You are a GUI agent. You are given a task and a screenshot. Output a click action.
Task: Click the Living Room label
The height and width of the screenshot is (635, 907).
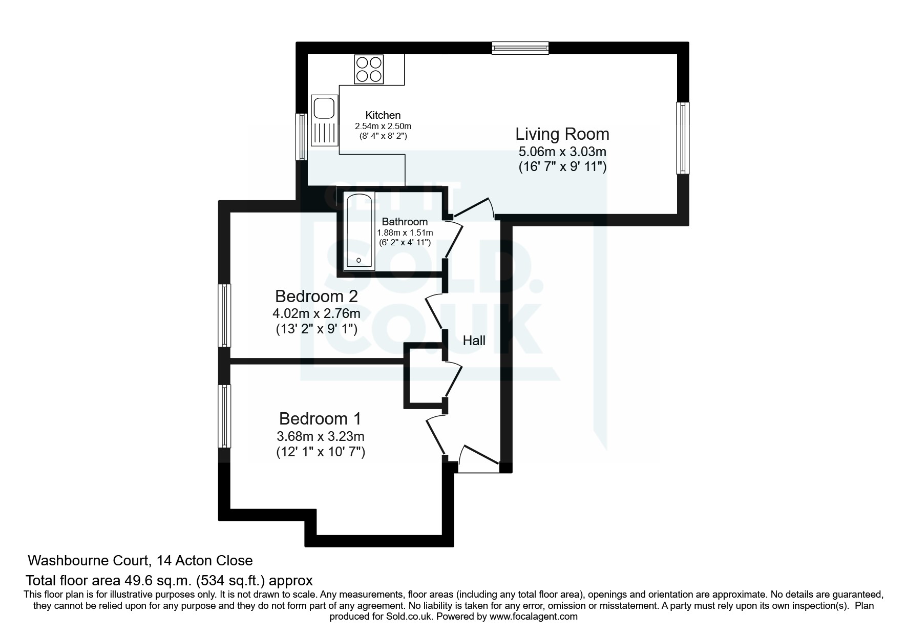tap(562, 134)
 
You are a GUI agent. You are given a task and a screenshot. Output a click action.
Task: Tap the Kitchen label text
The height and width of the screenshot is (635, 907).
tap(383, 115)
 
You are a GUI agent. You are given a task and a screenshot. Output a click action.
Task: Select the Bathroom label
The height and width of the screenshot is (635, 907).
tap(405, 222)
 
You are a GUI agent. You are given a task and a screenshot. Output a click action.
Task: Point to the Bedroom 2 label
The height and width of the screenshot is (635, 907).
tap(316, 296)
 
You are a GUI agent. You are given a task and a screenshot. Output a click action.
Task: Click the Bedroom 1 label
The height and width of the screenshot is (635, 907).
tap(320, 419)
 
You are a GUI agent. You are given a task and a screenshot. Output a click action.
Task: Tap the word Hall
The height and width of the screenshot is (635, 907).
tap(474, 341)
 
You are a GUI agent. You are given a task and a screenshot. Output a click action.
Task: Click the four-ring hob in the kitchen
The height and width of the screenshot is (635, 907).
tap(369, 70)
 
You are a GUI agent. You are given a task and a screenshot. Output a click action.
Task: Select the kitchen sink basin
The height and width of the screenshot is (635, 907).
tap(324, 108)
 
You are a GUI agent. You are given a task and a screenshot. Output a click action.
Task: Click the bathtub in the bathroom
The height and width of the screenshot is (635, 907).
tap(360, 231)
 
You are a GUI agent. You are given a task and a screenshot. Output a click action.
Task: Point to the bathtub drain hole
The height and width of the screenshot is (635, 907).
tap(358, 261)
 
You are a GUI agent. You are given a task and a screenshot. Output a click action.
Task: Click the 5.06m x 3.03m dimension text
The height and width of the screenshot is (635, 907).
tap(562, 152)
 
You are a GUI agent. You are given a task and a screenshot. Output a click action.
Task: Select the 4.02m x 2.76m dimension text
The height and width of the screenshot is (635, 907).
tap(317, 313)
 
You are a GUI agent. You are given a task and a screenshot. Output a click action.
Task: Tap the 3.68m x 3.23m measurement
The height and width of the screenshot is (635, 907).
tap(321, 436)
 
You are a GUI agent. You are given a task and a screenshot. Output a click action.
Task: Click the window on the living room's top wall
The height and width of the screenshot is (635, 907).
tap(520, 48)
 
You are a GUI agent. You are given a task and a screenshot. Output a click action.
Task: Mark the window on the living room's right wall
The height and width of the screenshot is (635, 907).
tap(683, 138)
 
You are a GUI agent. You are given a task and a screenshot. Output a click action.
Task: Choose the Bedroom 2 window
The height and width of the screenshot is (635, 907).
tap(224, 315)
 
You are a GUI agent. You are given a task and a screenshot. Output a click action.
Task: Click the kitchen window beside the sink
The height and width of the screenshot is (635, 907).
tap(302, 137)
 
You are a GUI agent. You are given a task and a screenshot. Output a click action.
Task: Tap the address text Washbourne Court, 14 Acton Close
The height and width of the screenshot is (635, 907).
tap(140, 560)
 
